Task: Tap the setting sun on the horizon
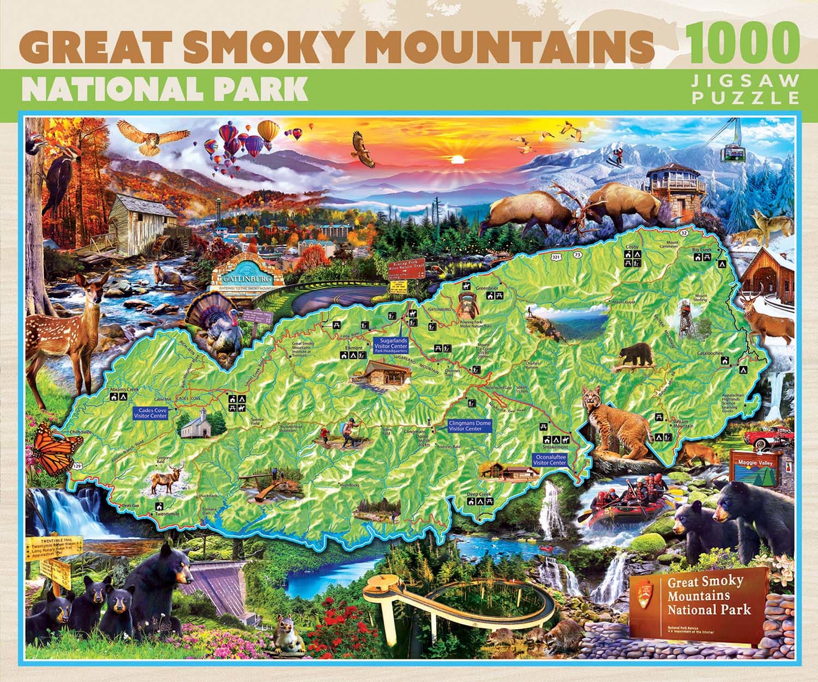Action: pyautogui.click(x=458, y=159)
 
